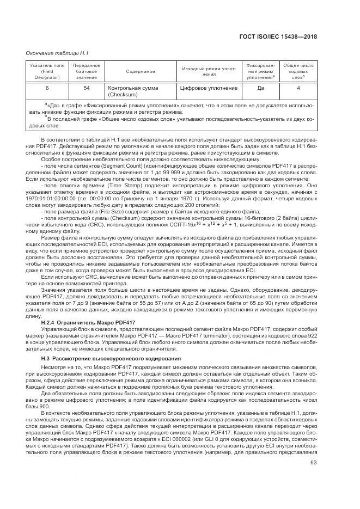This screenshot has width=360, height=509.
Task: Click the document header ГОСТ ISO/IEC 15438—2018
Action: point(278,37)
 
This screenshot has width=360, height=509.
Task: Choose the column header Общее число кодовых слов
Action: point(298,71)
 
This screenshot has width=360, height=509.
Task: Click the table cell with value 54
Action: point(86,88)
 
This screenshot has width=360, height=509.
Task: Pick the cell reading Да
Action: point(260,88)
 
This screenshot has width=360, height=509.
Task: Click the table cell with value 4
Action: point(298,88)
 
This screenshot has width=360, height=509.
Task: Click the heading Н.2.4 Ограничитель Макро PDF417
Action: point(88,323)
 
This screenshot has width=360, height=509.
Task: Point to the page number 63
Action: point(313,447)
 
